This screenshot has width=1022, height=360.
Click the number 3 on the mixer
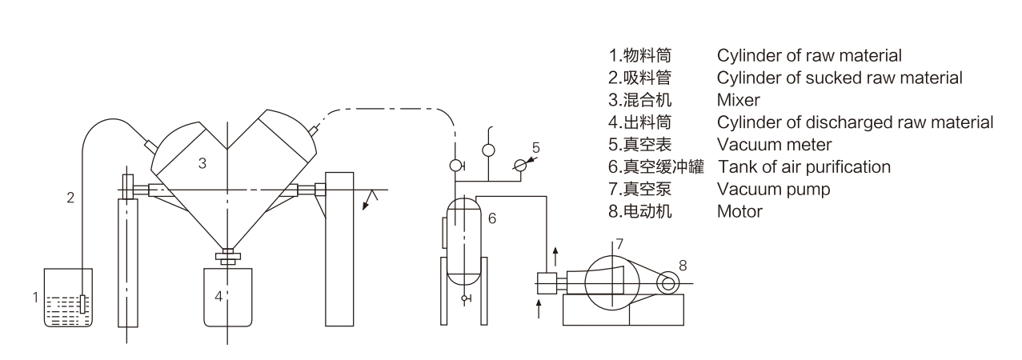tap(202, 163)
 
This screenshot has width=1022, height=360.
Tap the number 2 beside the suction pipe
tap(70, 198)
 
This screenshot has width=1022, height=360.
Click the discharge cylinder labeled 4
tap(227, 297)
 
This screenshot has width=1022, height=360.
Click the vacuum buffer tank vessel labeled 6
tap(462, 240)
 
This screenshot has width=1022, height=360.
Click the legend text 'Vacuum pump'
tap(762, 190)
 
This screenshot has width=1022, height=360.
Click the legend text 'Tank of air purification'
tap(805, 167)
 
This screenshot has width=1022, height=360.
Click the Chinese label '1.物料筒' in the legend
tap(639, 55)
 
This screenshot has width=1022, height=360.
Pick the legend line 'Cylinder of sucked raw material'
tap(840, 78)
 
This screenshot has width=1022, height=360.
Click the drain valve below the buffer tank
tap(463, 298)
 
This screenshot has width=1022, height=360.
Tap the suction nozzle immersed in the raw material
tap(82, 305)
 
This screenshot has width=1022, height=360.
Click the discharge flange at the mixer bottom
tap(227, 258)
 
